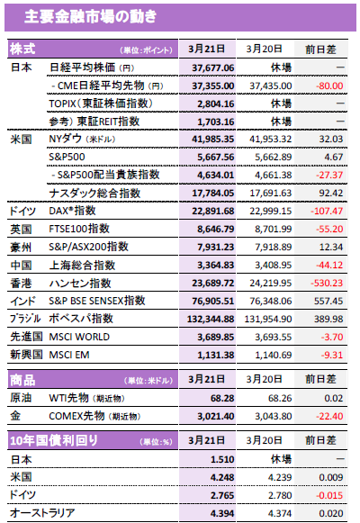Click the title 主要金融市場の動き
pos(90,16)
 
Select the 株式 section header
pos(22,49)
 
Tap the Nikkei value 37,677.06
pos(213,68)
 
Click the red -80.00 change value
pos(329,86)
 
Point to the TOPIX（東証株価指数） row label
pos(101,104)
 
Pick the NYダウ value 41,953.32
pos(270,139)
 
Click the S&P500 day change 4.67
pos(334,157)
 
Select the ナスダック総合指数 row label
pos(94,194)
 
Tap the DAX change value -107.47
pos(327,211)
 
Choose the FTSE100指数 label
pos(79,229)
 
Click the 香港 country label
pos(21,284)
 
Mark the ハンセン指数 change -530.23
pos(327,283)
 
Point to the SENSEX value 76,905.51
pos(213,301)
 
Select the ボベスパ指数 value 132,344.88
pos(211,319)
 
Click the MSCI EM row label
pos(69,355)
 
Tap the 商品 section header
pos(22,380)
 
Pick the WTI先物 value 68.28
pos(222,398)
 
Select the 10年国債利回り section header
pos(54,440)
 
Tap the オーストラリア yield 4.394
pos(222,513)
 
